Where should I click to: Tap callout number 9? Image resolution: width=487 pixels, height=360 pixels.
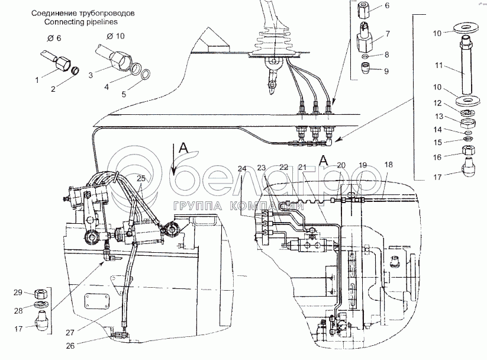[x=386, y=72]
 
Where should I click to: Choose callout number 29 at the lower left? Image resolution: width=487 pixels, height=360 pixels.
[x=18, y=292]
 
